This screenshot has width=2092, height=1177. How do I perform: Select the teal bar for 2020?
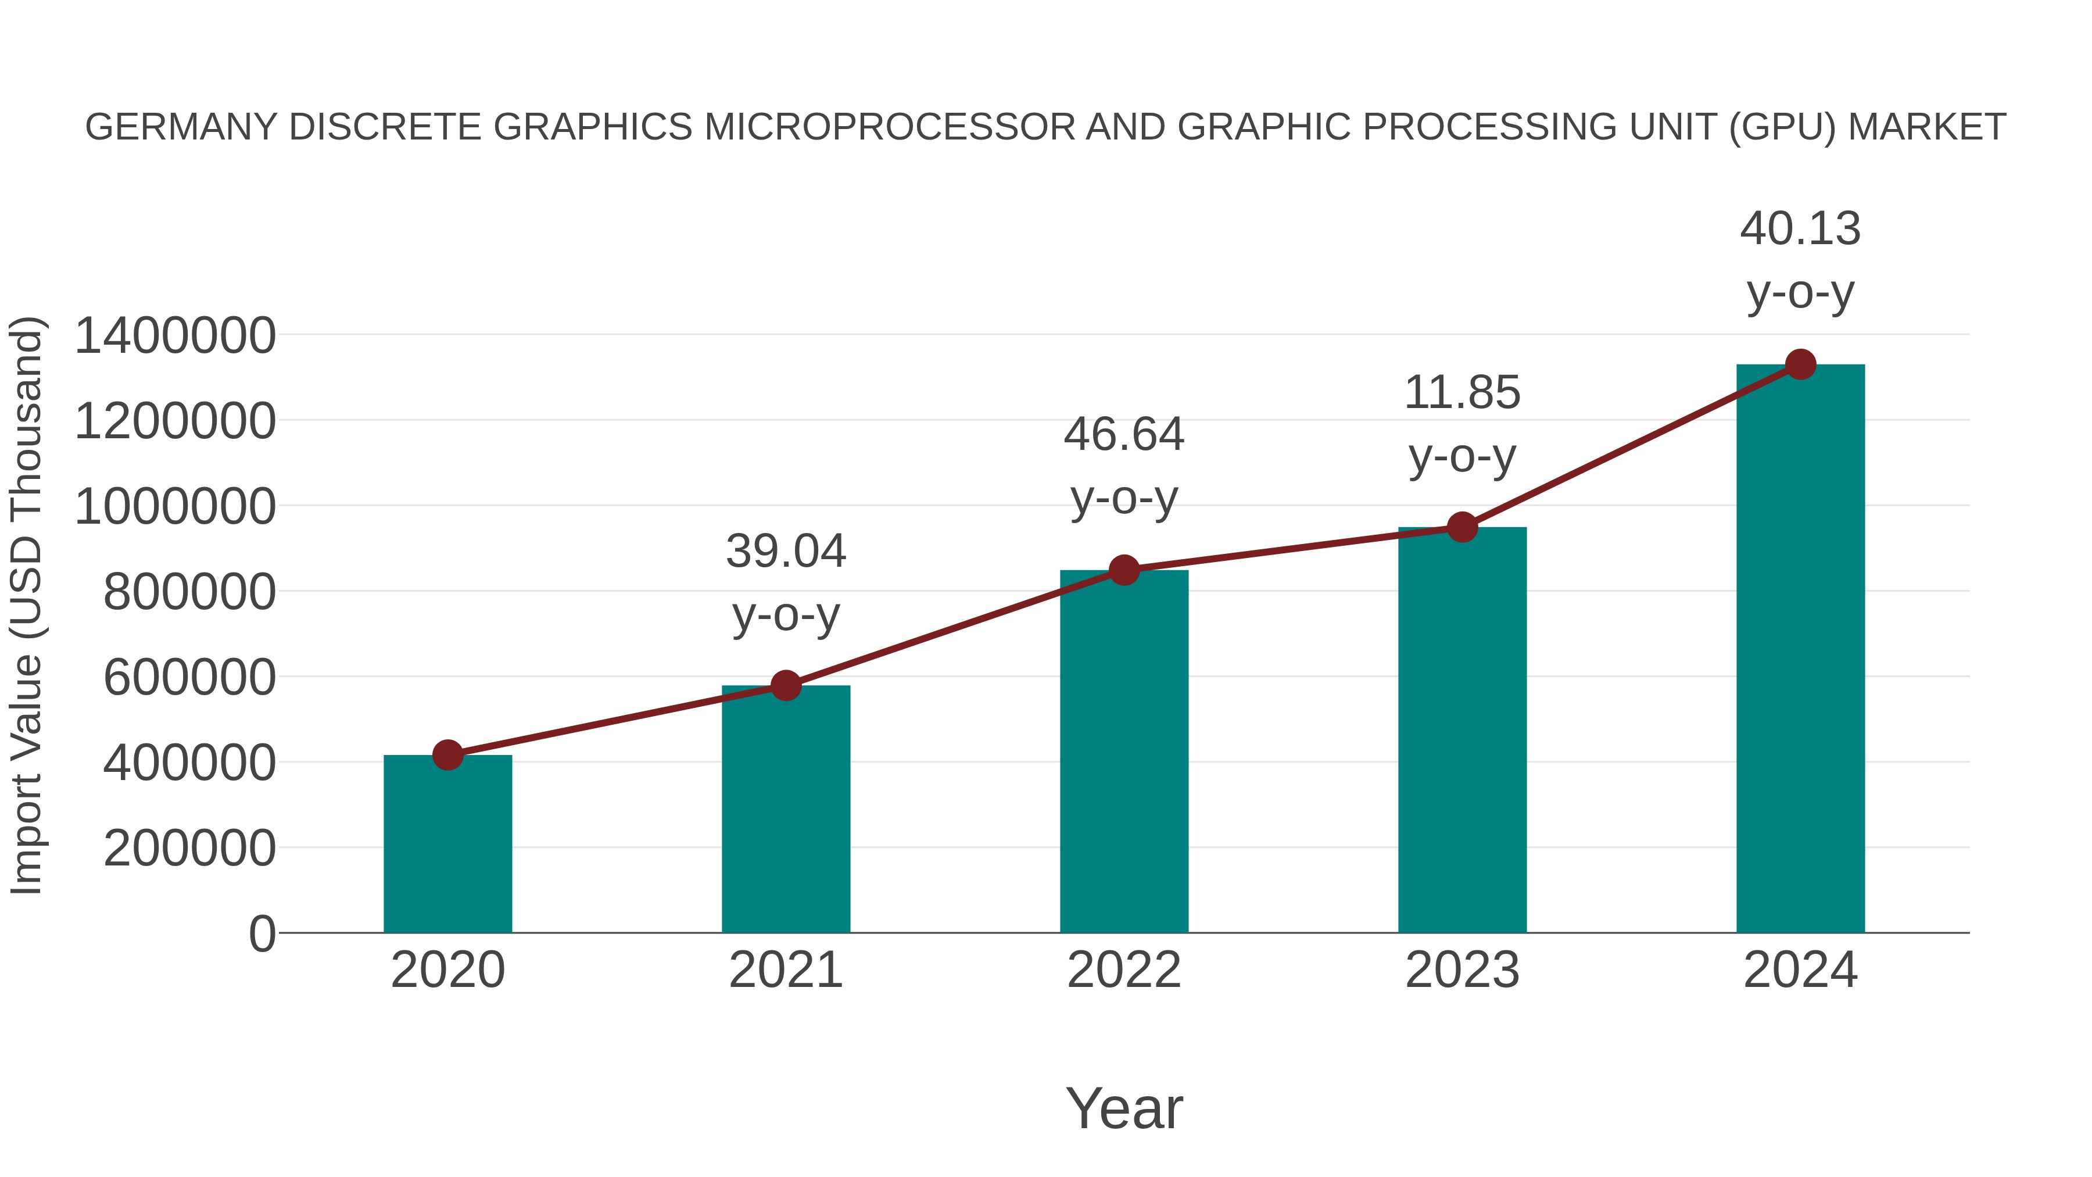coord(447,845)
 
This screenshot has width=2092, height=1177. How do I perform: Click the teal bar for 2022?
coord(1124,752)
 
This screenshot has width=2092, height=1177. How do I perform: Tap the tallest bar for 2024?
coord(1800,650)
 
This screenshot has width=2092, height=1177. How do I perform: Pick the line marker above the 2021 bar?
coord(785,686)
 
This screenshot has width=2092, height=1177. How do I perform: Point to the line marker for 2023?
coord(1462,527)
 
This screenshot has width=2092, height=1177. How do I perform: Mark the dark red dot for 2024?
coord(1800,364)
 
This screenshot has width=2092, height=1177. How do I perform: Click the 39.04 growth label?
coord(785,552)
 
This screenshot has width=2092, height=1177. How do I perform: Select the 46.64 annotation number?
coord(1124,435)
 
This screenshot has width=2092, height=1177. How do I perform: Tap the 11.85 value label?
coord(1462,393)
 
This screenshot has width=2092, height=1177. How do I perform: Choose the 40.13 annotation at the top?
coord(1800,229)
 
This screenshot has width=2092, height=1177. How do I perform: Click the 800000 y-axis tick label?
coord(189,592)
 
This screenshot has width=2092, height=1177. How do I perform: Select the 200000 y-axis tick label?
coord(189,849)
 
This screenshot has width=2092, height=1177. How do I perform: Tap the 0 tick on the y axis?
coord(261,934)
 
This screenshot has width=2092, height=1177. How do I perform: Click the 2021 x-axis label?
coord(785,971)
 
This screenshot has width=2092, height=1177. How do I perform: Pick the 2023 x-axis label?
coord(1462,971)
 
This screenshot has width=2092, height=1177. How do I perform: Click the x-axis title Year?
coord(1124,1109)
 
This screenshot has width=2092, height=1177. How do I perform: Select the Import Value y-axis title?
coord(26,605)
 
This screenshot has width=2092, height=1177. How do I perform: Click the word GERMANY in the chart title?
coord(180,127)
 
